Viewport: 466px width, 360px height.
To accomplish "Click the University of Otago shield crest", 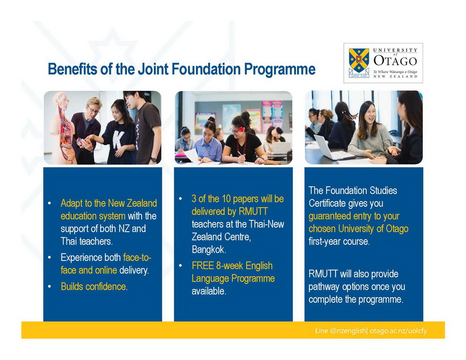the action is (x=359, y=61).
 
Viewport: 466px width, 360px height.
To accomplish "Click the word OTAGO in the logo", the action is (x=396, y=61).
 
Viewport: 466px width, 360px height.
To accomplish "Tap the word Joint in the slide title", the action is (x=154, y=69).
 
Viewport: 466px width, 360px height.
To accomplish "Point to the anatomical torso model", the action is (x=63, y=128).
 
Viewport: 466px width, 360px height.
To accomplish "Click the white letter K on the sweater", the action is (x=118, y=139).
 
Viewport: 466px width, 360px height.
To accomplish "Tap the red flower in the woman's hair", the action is (x=241, y=129).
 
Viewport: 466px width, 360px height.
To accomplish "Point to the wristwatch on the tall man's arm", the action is (x=153, y=160).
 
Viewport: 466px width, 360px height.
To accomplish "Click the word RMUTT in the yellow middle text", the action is (x=253, y=211).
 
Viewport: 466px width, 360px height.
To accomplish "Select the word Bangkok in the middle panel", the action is (x=209, y=249).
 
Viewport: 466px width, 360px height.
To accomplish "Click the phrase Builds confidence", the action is (x=94, y=287).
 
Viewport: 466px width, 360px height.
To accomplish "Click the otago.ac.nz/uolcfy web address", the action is (x=398, y=330).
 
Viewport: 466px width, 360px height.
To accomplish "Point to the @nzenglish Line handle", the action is (x=347, y=330).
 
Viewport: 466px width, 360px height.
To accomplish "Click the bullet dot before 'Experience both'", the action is (x=50, y=257).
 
